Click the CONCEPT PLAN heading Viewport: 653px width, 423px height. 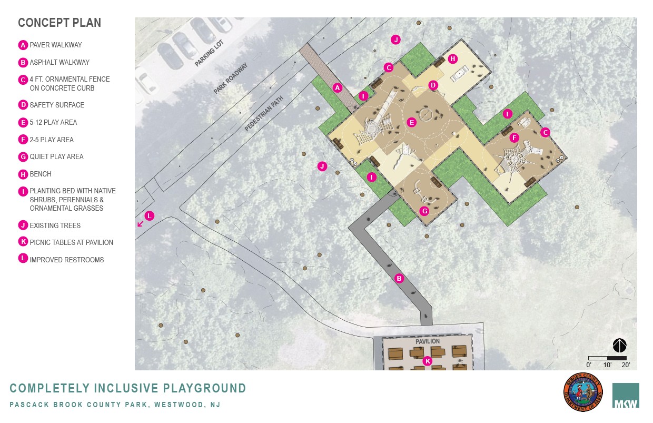click(x=60, y=23)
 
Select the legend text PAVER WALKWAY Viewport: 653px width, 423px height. click(x=56, y=45)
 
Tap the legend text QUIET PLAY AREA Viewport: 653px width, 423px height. click(x=56, y=156)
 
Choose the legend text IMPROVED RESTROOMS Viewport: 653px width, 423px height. click(x=67, y=260)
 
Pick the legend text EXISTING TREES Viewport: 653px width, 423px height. click(x=55, y=225)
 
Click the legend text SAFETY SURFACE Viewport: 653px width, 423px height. click(x=57, y=105)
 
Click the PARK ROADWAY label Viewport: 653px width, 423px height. click(x=230, y=79)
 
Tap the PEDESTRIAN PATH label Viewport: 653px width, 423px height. click(x=264, y=113)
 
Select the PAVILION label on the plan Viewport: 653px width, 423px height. click(x=428, y=341)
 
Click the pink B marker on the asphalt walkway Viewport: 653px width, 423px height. click(x=399, y=278)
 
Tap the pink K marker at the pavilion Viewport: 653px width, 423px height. click(x=428, y=361)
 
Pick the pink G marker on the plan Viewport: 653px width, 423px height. click(x=424, y=211)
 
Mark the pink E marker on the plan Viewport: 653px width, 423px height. click(x=412, y=122)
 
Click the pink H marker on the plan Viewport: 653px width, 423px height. click(x=452, y=59)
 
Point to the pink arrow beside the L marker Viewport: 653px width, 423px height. click(x=141, y=224)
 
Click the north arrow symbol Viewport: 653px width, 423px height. click(x=620, y=346)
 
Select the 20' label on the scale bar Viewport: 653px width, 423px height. click(x=626, y=365)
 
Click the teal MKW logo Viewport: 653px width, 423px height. click(x=626, y=396)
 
